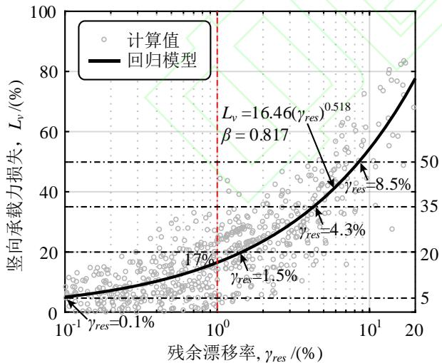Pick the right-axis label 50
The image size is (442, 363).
click(x=428, y=163)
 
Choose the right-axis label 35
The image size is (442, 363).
click(x=428, y=208)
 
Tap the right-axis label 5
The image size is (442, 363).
click(x=425, y=298)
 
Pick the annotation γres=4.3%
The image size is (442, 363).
click(x=321, y=230)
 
